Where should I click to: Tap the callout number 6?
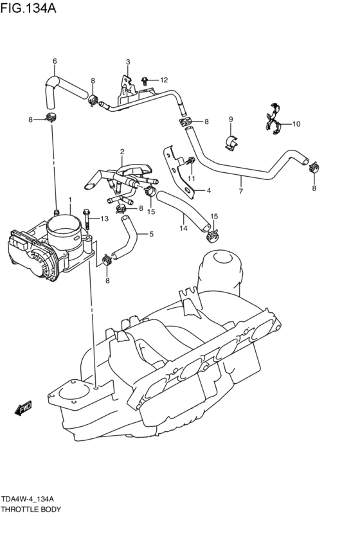55,62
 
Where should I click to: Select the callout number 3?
127,62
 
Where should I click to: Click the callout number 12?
164,80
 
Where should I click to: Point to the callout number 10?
296,123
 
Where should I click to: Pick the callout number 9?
230,119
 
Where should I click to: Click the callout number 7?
240,191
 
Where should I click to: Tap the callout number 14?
183,228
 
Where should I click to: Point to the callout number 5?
151,235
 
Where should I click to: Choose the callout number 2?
121,152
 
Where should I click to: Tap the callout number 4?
209,190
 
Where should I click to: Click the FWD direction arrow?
24,408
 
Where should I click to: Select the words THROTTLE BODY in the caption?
31,509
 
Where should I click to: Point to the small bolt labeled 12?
146,81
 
